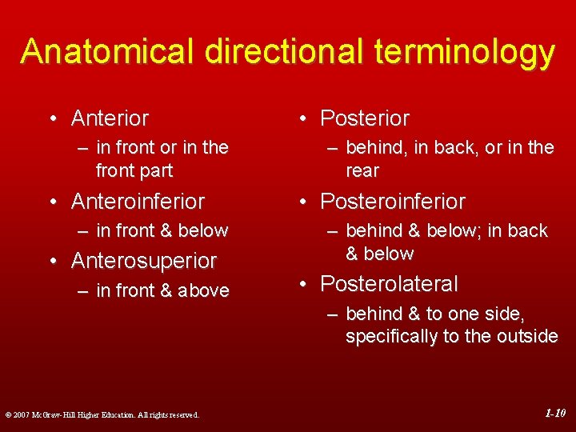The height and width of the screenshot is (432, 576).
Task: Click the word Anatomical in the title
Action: coord(108,51)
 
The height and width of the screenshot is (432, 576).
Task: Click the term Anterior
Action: coord(110,118)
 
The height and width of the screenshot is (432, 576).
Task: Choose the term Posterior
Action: coord(364,118)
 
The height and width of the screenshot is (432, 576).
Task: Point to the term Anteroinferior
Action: coord(138,201)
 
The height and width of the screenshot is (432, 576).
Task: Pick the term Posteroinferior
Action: coord(392,201)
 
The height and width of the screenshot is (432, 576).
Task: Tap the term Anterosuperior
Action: coord(144,261)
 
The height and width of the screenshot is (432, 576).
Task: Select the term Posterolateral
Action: coord(389,284)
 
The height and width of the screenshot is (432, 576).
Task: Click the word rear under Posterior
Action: coord(362,171)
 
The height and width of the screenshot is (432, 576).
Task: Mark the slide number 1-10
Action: coord(554,414)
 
